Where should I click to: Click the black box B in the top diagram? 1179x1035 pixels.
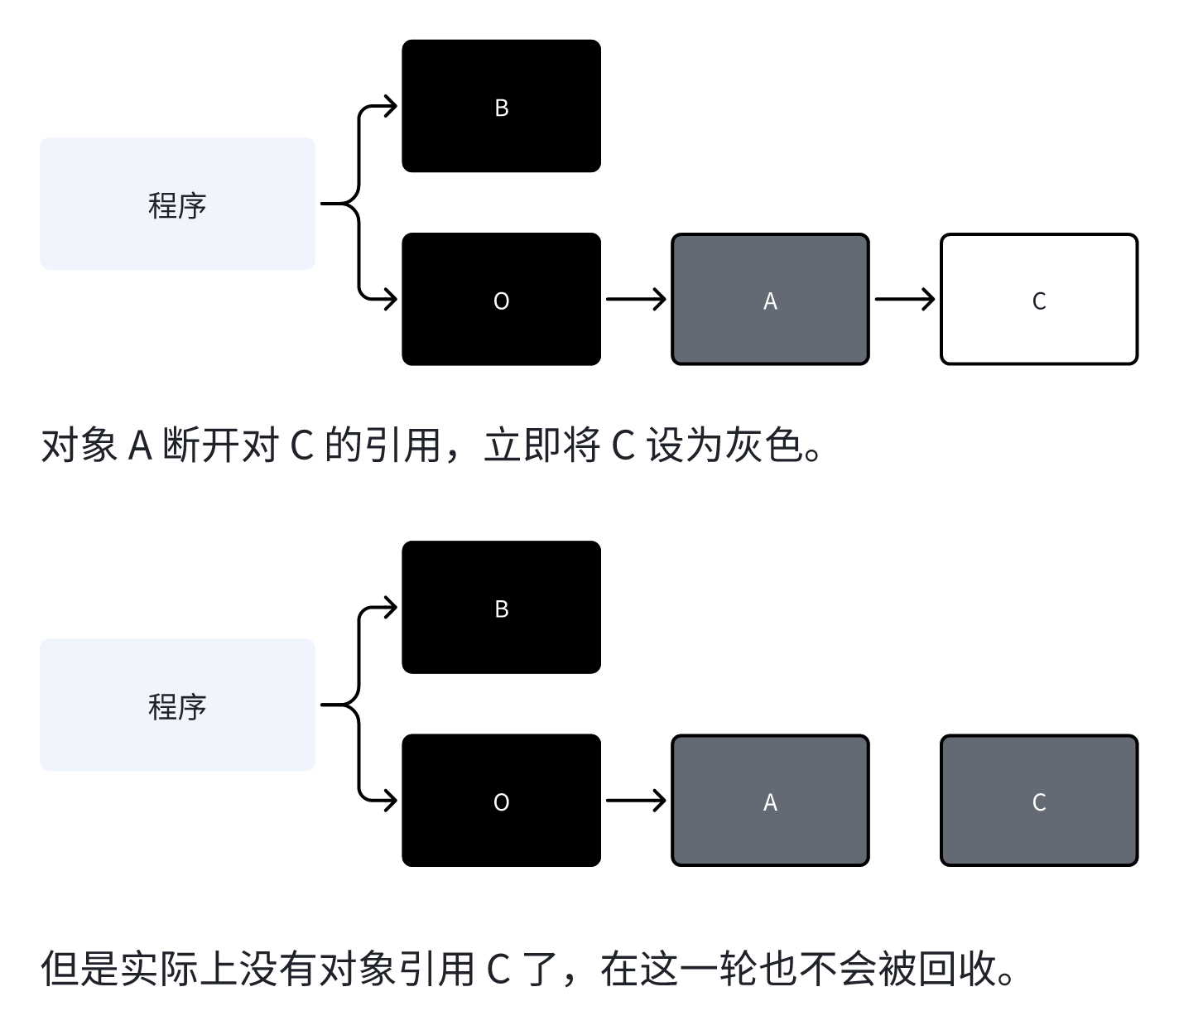coord(501,106)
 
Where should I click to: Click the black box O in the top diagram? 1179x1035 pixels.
coord(501,299)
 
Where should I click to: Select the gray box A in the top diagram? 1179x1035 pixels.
coord(770,299)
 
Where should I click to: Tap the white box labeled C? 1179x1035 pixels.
coord(1039,299)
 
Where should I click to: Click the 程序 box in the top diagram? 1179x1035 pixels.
coord(177,204)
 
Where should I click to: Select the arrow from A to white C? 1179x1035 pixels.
coord(904,299)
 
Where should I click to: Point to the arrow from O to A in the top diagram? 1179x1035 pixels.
coord(635,299)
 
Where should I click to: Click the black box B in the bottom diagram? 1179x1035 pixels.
coord(501,607)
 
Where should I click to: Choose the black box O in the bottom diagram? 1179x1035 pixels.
coord(501,801)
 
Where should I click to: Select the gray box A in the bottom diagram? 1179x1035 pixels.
coord(770,801)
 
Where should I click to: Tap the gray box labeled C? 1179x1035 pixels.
coord(1039,801)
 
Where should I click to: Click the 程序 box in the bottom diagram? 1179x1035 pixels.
coord(177,705)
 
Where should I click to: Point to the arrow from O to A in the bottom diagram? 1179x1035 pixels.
coord(635,801)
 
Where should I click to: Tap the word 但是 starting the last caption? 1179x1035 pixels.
coord(79,968)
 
